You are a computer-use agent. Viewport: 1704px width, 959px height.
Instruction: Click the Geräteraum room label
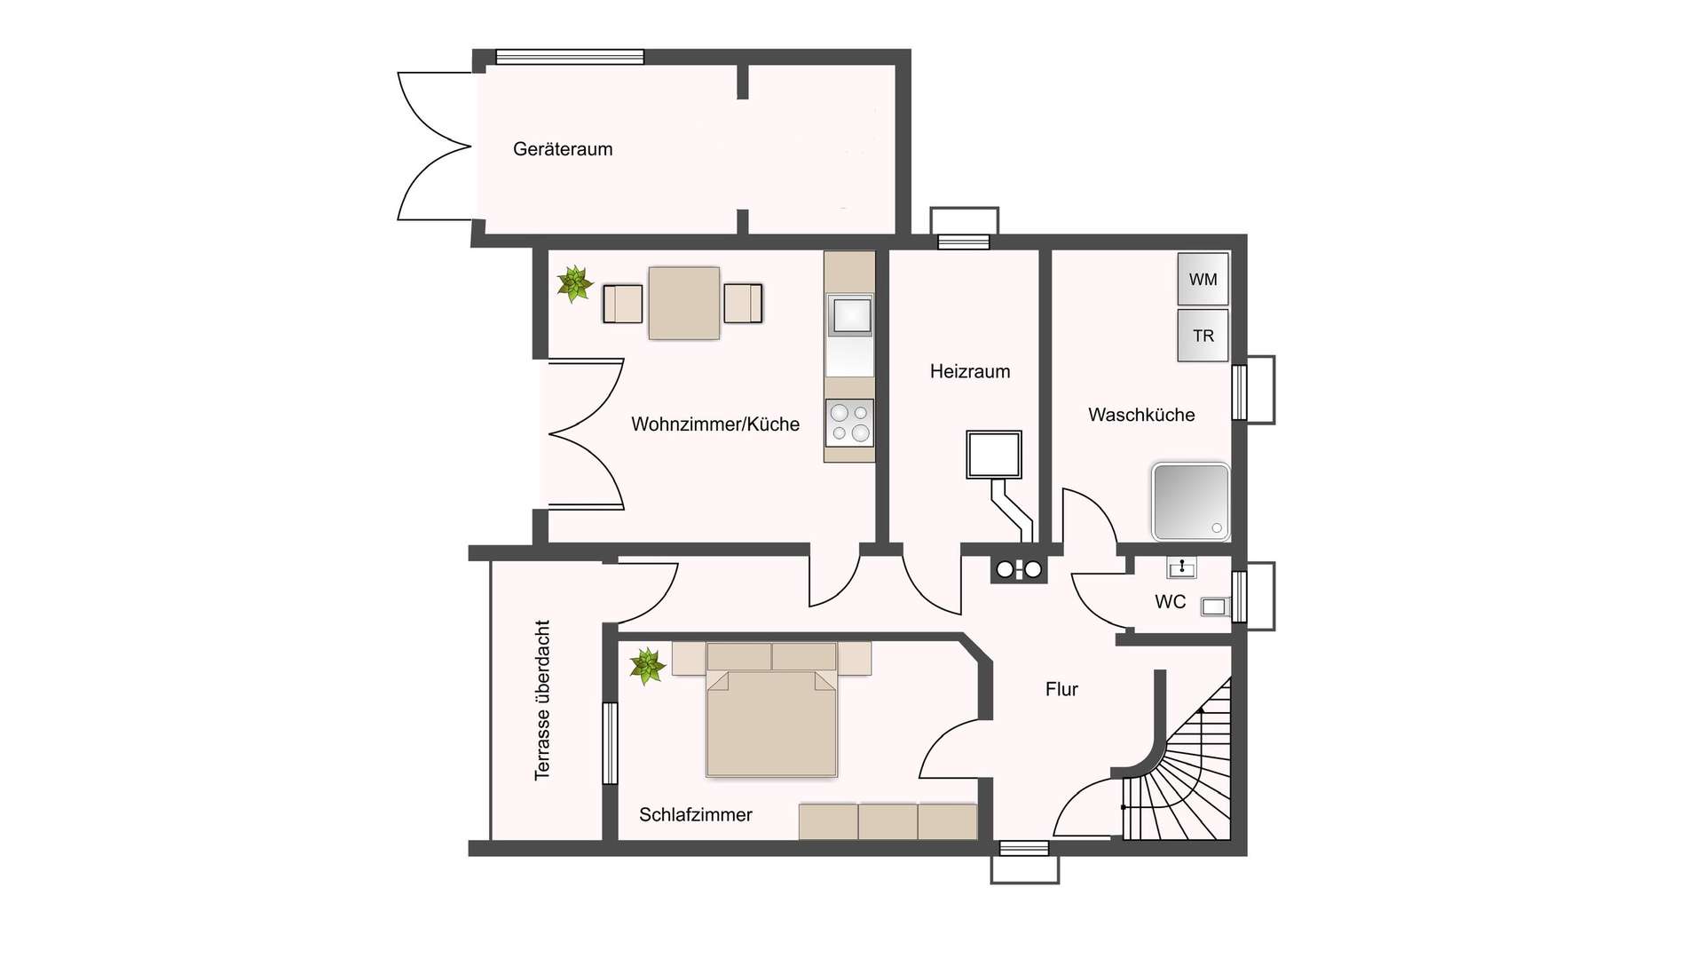(x=563, y=149)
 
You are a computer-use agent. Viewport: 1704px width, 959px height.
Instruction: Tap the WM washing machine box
(x=1203, y=279)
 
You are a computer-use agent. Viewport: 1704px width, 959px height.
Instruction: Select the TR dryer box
(x=1203, y=336)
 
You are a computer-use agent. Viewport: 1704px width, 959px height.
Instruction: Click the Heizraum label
(x=970, y=371)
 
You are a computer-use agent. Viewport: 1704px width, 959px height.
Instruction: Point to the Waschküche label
(x=1141, y=415)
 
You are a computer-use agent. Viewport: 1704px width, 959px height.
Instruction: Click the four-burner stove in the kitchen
(x=849, y=423)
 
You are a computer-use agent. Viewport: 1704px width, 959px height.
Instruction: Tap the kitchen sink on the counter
(x=849, y=315)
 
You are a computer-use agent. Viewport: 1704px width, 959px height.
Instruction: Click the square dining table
(x=683, y=303)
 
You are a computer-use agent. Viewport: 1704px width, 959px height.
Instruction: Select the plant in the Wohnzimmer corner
(x=575, y=284)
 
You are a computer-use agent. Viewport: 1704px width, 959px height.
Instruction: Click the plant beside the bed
(x=647, y=666)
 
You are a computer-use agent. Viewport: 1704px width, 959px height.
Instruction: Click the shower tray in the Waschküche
(x=1190, y=502)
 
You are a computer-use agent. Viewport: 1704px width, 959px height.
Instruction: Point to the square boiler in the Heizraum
(x=994, y=455)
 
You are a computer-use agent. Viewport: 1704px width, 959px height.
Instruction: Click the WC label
(x=1170, y=602)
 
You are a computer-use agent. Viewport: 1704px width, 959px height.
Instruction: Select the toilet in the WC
(x=1214, y=606)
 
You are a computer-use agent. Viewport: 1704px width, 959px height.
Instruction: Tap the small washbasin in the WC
(x=1181, y=567)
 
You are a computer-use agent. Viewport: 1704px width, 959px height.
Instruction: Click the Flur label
(x=1061, y=689)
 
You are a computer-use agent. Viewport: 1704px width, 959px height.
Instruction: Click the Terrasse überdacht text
(x=542, y=700)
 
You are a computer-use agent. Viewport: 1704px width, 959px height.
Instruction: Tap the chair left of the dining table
(x=622, y=304)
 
